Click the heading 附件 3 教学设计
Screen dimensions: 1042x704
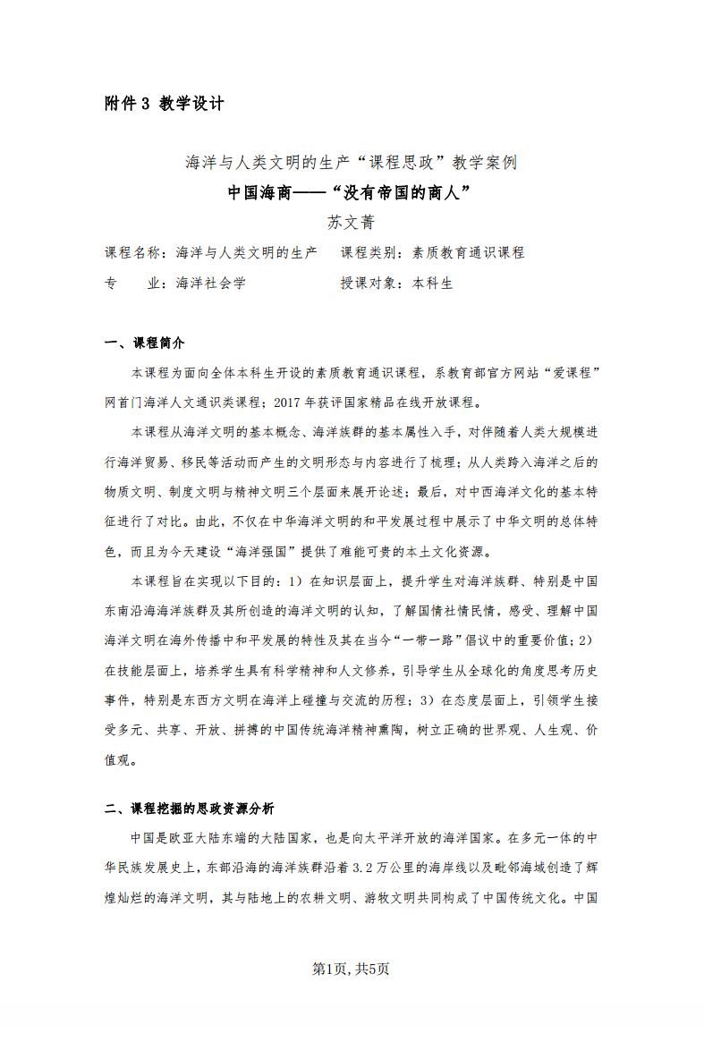pos(164,104)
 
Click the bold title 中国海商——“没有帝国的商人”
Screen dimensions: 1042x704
pos(350,192)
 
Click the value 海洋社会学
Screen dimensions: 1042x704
pos(210,283)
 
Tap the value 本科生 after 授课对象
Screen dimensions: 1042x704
pos(432,283)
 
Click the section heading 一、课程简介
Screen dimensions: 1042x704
pos(145,343)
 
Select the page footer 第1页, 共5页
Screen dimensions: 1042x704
pos(351,969)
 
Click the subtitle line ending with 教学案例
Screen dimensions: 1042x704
pos(351,163)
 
